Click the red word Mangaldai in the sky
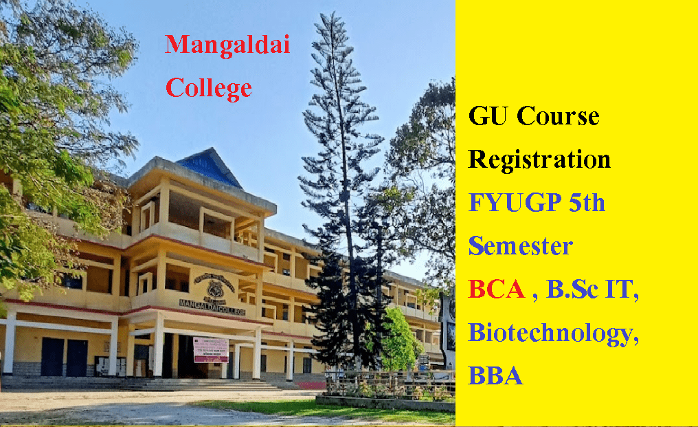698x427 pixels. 227,46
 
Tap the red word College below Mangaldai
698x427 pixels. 210,88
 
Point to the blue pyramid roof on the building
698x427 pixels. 207,168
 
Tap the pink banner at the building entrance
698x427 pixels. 210,349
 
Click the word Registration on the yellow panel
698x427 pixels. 539,160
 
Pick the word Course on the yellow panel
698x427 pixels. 558,116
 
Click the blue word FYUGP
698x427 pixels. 513,203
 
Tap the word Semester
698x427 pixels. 520,246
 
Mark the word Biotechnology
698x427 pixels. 550,333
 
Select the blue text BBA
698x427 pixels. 495,376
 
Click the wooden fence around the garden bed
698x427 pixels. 388,384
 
